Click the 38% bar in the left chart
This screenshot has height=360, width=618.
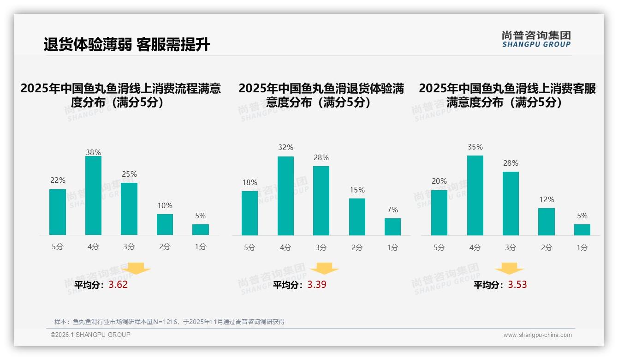pos(93,196)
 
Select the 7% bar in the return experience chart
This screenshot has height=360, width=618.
pos(392,227)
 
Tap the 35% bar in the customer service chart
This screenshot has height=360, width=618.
pos(475,196)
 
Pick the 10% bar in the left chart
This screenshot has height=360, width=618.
pos(165,224)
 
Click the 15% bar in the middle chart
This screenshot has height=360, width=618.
pos(357,217)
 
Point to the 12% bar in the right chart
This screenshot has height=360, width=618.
pos(547,222)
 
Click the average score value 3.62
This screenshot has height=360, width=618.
pos(118,285)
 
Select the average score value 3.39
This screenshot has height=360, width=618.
pos(317,285)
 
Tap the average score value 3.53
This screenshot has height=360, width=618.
pos(517,285)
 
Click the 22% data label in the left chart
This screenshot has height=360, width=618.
pos(58,180)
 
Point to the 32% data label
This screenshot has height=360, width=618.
pos(285,148)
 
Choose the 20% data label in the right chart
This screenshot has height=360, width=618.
pos(439,181)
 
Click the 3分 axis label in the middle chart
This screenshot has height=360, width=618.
pos(321,248)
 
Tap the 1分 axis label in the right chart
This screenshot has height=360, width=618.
pos(582,248)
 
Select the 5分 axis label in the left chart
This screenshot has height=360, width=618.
pos(58,247)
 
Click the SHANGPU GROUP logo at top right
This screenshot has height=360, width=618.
pos(536,39)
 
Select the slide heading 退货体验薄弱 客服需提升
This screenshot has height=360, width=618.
pos(127,44)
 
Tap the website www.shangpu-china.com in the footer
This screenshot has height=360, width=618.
pos(537,335)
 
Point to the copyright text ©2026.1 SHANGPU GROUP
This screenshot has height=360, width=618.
pos(90,335)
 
